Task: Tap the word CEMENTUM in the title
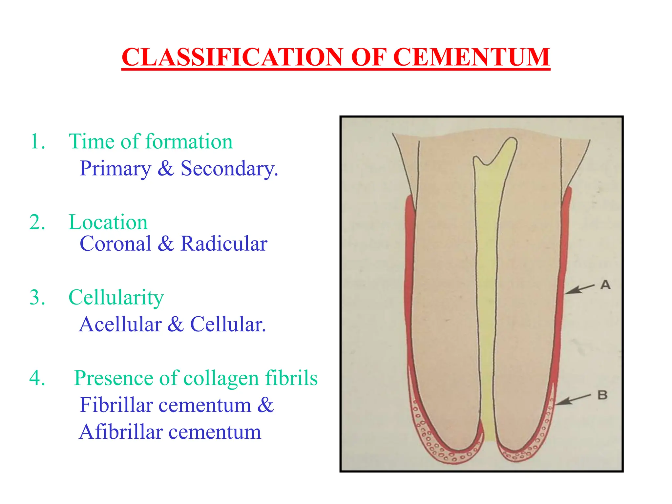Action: click(471, 57)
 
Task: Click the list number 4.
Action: click(37, 378)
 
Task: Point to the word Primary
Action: click(115, 169)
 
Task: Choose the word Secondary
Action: click(229, 169)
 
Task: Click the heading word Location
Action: click(108, 222)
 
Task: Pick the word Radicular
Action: click(224, 244)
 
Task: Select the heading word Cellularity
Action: click(116, 297)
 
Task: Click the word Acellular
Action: click(120, 325)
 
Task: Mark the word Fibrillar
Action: click(116, 405)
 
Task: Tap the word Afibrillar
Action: click(121, 432)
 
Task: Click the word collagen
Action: click(221, 378)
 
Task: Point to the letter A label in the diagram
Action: click(605, 285)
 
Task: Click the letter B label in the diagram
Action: click(602, 395)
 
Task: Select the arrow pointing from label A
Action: click(579, 289)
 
